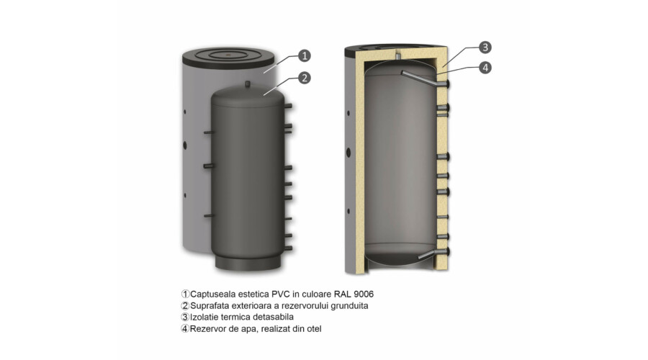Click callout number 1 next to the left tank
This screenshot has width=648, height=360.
click(x=305, y=55)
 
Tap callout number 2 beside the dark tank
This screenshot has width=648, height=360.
click(x=305, y=78)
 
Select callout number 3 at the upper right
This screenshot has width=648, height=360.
click(x=485, y=47)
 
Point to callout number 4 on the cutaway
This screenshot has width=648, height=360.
click(x=485, y=68)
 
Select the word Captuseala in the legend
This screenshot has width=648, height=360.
click(x=210, y=294)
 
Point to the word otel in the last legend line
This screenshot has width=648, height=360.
click(x=314, y=329)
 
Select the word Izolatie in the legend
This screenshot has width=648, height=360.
click(x=204, y=317)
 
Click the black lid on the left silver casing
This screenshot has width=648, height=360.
click(x=228, y=57)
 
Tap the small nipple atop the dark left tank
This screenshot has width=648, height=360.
click(x=248, y=84)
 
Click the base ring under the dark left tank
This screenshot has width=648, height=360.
click(x=248, y=263)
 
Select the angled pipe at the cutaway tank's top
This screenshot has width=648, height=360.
click(x=423, y=78)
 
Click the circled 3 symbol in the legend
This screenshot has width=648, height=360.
click(x=185, y=318)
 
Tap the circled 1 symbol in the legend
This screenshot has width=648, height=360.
click(x=185, y=294)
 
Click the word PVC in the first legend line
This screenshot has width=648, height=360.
click(x=281, y=294)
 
